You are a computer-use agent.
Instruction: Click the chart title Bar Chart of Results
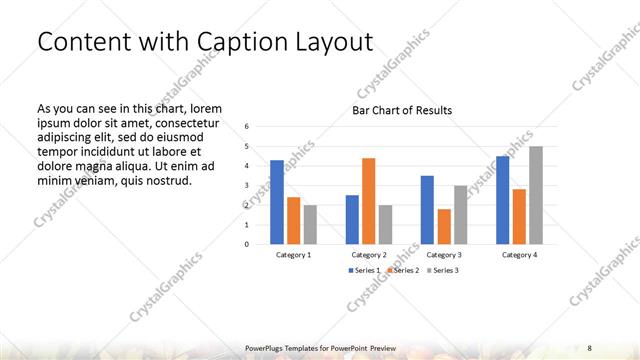[401, 110]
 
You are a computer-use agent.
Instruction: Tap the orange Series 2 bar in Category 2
[368, 201]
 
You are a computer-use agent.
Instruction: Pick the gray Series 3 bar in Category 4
[536, 195]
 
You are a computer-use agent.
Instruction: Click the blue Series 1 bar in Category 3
[427, 210]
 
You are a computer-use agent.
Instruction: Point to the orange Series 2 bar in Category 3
[444, 227]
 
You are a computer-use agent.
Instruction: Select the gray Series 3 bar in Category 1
[310, 224]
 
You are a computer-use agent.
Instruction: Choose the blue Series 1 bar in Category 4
[503, 200]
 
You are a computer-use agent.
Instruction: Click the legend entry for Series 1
[363, 271]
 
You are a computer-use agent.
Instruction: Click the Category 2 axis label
[369, 255]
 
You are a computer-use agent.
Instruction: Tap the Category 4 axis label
[519, 255]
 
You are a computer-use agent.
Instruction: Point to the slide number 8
[590, 347]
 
